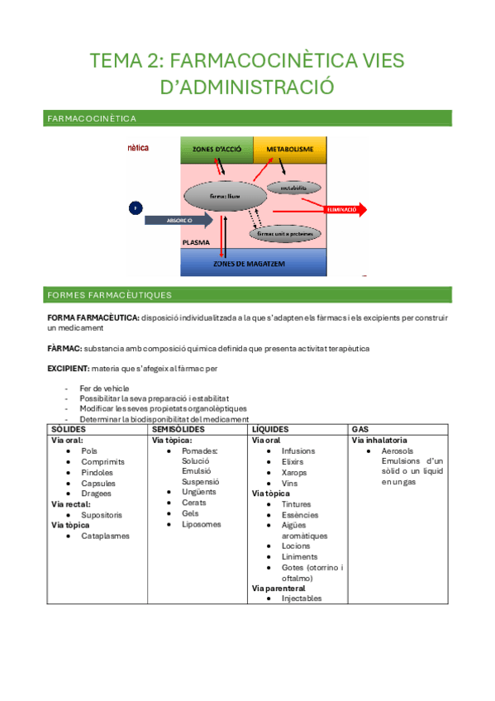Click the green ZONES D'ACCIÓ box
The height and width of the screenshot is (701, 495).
pos(217,149)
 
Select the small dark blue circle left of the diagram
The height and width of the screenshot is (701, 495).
pos(136,208)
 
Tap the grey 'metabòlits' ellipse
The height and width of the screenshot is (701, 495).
pos(293,188)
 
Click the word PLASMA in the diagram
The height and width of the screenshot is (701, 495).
pos(196,245)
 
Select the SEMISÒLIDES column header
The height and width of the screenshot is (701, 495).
pos(178,430)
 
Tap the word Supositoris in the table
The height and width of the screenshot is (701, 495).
pos(102,514)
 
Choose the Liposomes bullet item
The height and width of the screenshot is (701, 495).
pos(202,524)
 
